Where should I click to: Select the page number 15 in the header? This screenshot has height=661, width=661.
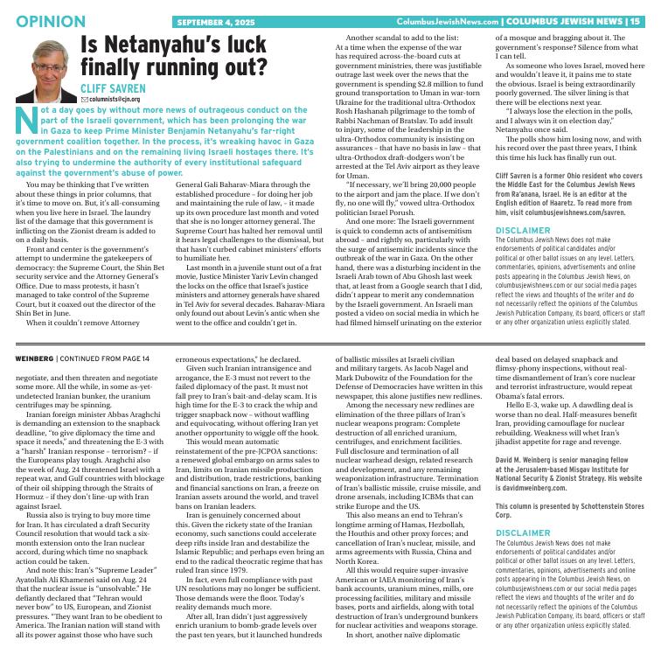click(634, 21)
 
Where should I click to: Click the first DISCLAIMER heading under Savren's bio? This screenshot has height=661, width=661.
click(525, 230)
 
